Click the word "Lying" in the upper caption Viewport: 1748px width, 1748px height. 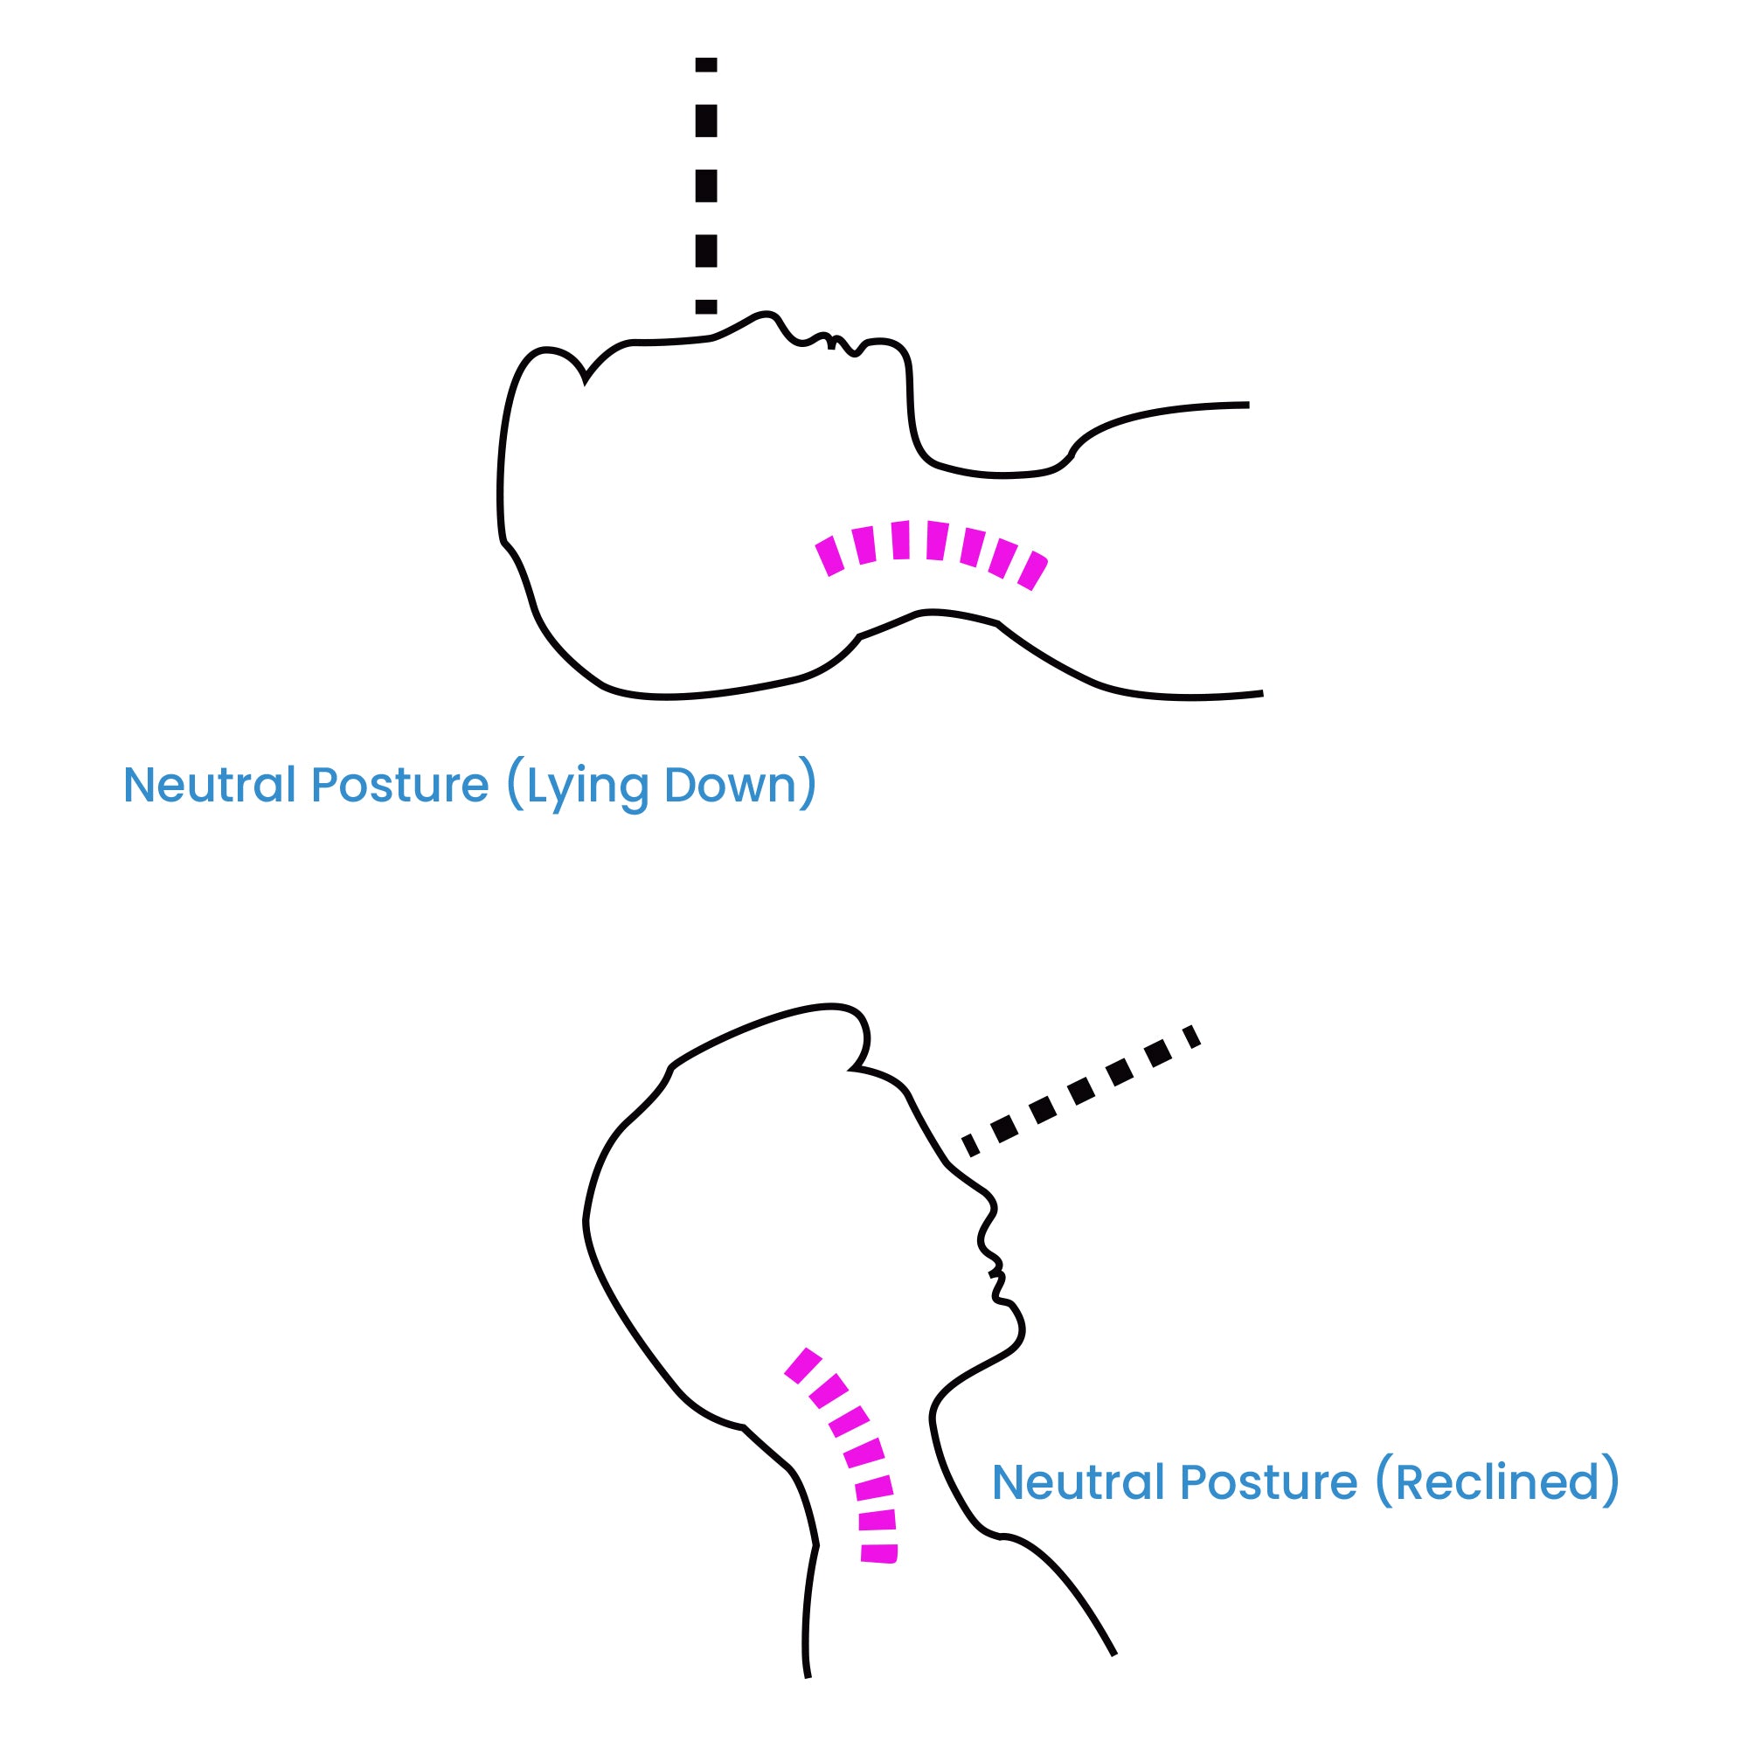586,787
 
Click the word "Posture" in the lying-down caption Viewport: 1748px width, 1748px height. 400,786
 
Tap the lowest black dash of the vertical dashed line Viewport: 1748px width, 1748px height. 705,307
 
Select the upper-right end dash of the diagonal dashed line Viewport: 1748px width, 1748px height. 1191,1036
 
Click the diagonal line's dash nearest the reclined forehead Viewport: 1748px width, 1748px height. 971,1146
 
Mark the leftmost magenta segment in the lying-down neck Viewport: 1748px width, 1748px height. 829,557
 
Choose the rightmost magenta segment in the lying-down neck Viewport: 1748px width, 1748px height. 1032,571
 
